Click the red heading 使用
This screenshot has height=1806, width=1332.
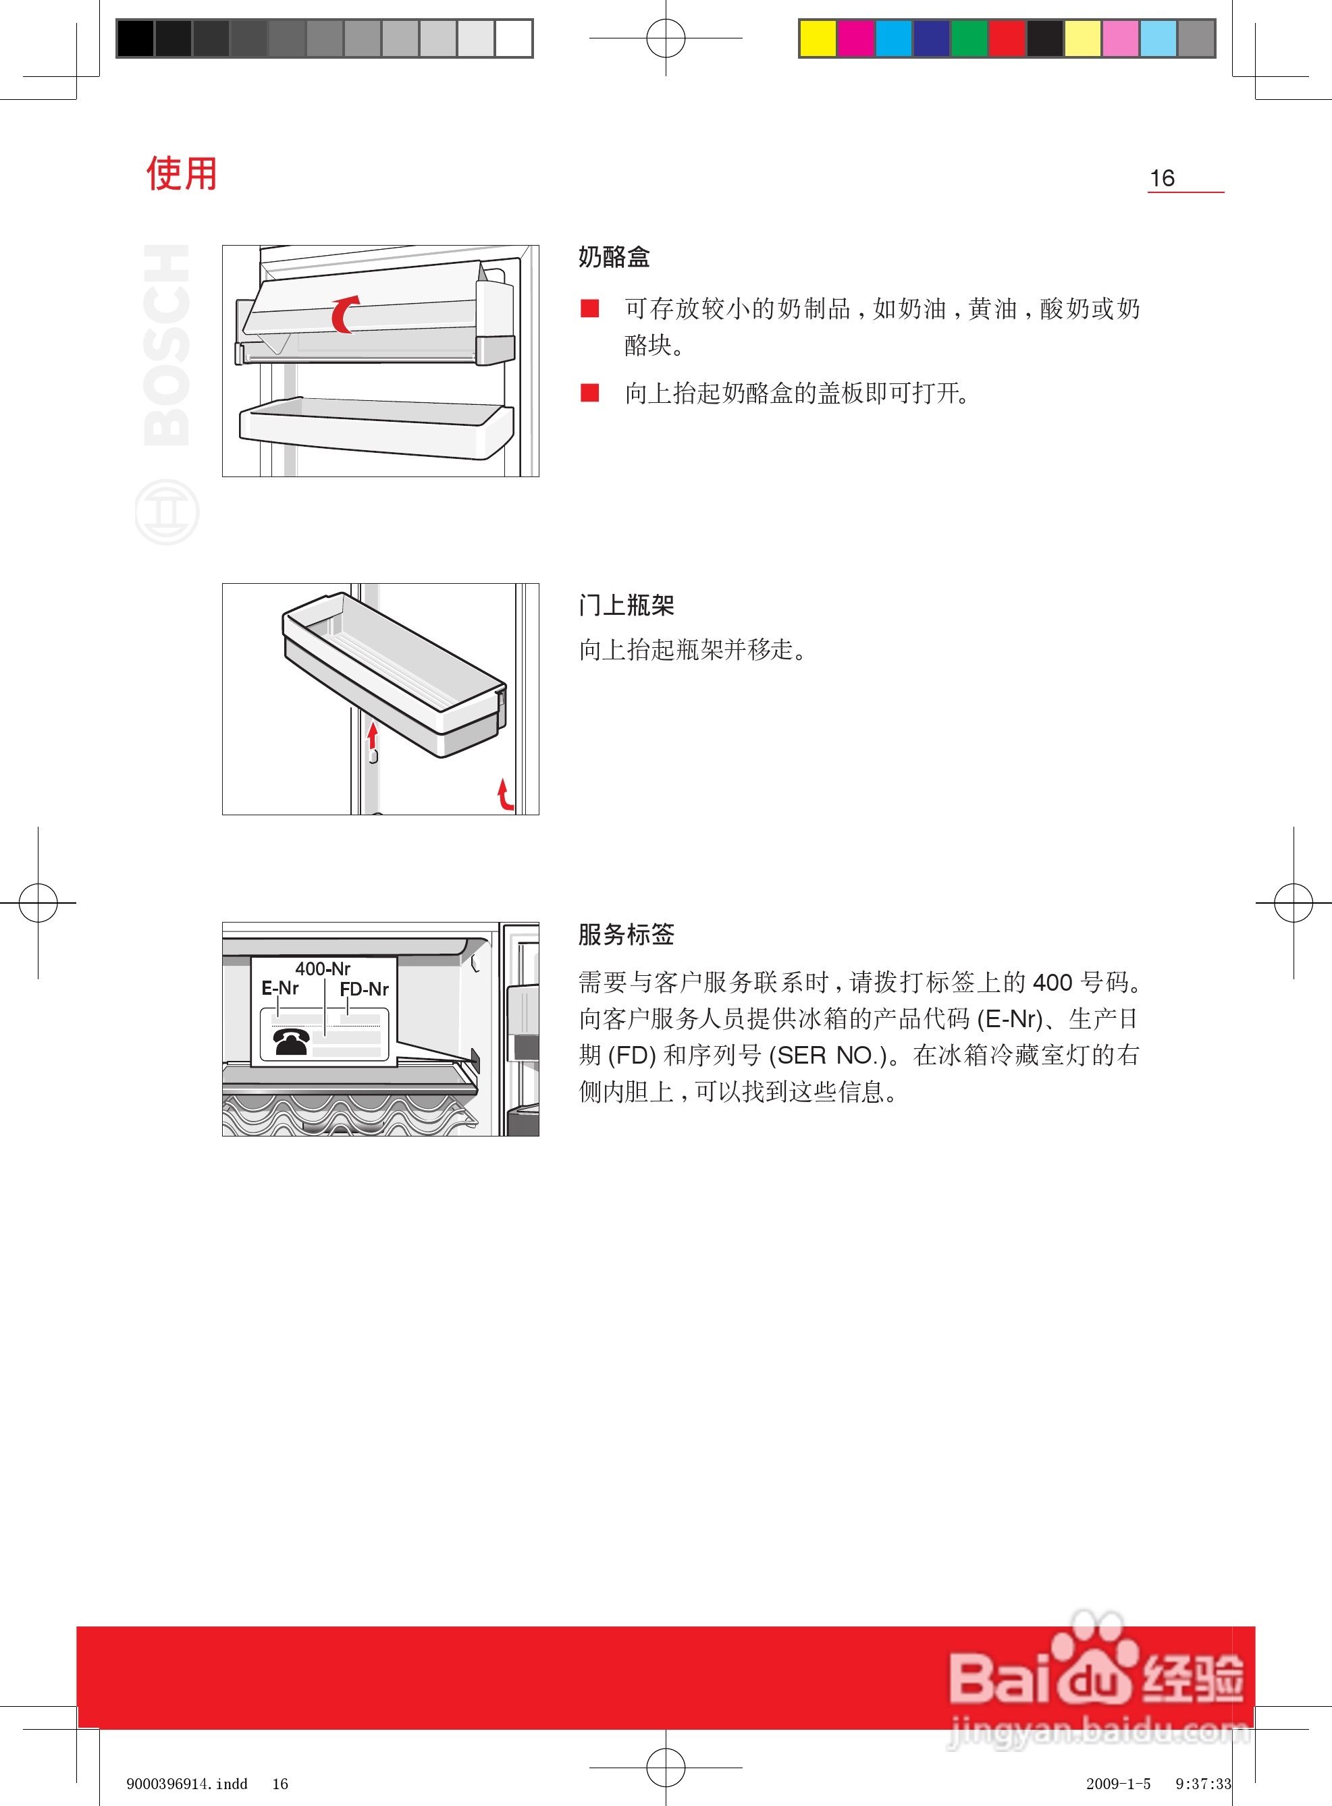click(x=182, y=174)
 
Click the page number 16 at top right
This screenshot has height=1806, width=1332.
click(x=1162, y=178)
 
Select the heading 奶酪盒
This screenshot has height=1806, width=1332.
click(x=614, y=257)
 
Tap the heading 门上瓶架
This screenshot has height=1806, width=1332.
click(x=626, y=605)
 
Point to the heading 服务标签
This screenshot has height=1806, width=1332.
click(x=626, y=935)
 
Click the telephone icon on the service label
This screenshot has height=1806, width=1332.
click(x=290, y=1041)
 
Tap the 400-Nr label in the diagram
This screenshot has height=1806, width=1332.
click(x=323, y=968)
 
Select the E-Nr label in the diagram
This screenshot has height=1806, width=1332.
click(x=279, y=988)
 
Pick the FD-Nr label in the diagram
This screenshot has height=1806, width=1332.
click(x=364, y=989)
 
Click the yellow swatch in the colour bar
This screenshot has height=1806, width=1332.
click(x=818, y=38)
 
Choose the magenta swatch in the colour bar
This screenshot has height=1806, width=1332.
click(x=855, y=38)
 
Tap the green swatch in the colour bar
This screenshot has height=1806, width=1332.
click(x=969, y=38)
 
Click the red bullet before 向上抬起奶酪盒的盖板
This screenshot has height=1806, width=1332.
click(x=590, y=393)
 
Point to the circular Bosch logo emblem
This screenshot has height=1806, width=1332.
click(x=166, y=512)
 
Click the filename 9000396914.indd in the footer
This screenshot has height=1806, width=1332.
click(x=187, y=1784)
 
